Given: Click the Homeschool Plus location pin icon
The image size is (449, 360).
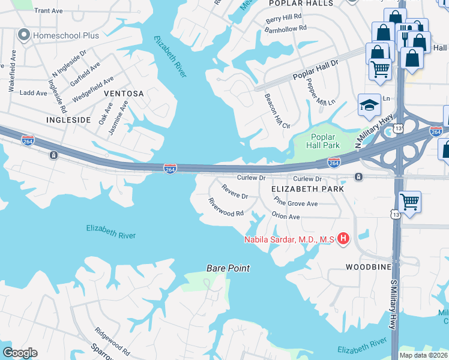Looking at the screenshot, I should coord(24,35).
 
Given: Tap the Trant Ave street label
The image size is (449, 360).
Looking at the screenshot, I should coord(49,11).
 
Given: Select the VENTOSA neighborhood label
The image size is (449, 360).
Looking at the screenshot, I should coord(124,94).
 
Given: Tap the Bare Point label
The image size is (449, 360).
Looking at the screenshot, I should coord(228,268).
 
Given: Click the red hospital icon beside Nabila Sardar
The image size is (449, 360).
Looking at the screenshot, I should coord(343,239).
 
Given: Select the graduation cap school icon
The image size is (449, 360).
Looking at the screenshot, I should coord(369,106).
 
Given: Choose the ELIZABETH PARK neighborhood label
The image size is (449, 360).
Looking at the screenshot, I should coord(307,188).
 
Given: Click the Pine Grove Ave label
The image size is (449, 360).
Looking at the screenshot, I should coord(295,200).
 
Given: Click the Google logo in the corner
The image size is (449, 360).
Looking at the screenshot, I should coord(20,353).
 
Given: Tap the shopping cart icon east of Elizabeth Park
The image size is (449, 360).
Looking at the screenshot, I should coord(409,203).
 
